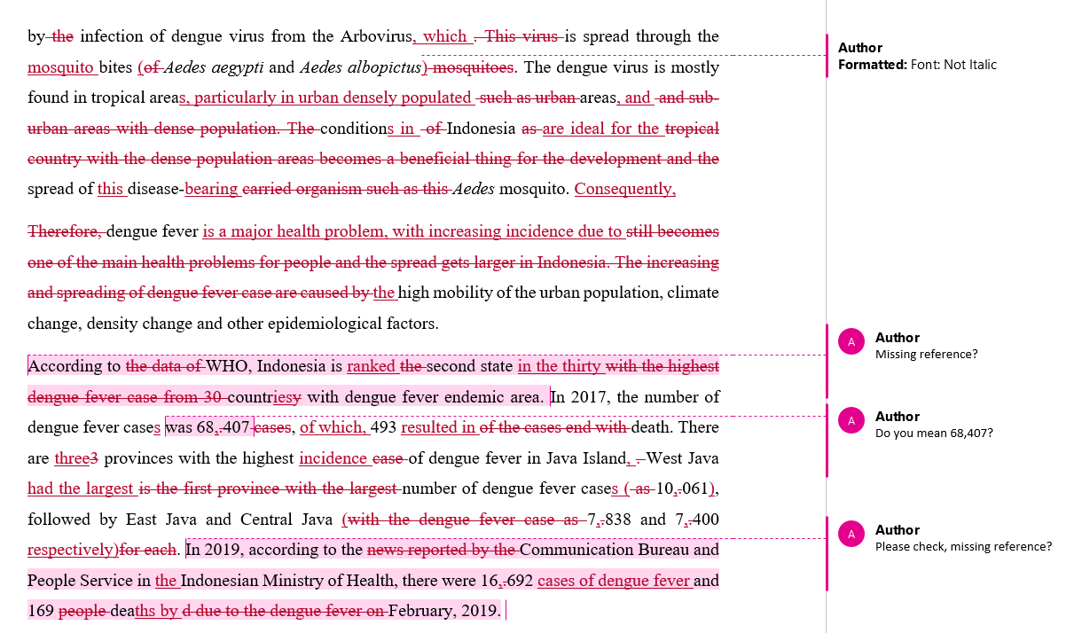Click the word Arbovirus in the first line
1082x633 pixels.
375,36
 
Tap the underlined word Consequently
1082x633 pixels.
624,189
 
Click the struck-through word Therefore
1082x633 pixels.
65,231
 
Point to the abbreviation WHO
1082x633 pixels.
225,366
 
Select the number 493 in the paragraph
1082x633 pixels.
383,427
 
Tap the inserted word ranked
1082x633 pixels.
371,366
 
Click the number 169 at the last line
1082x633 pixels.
41,611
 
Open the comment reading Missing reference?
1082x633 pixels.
926,355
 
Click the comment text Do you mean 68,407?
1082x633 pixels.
934,434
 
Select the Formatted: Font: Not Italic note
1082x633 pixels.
917,65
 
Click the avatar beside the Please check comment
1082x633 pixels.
851,534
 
